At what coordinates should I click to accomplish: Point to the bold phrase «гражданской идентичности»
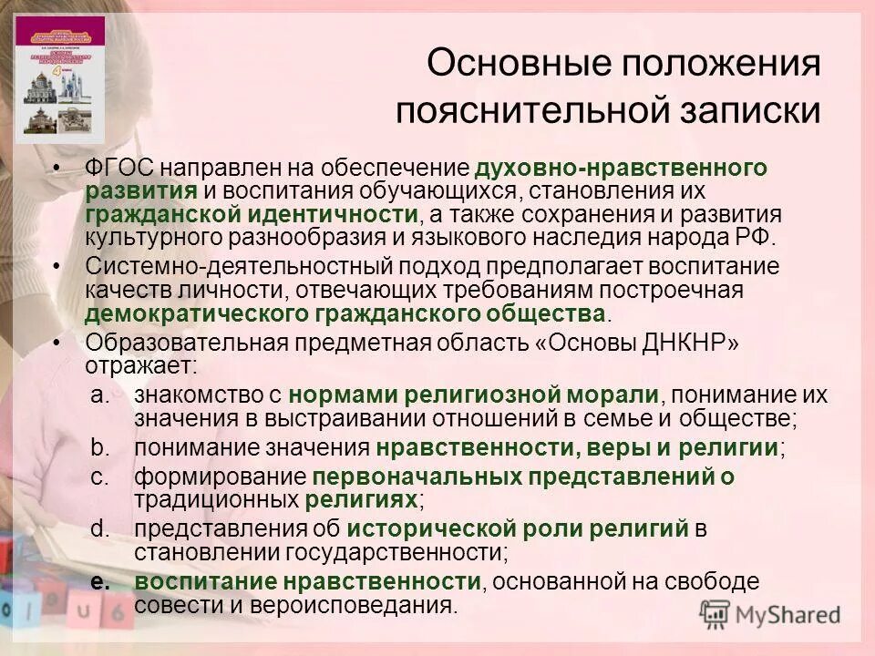tap(252, 214)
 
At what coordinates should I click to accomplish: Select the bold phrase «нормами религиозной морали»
tap(473, 395)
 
